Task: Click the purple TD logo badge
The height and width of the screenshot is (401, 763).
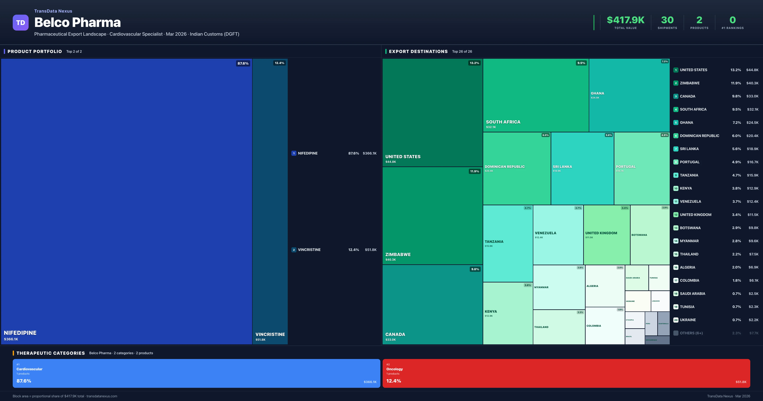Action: pyautogui.click(x=21, y=23)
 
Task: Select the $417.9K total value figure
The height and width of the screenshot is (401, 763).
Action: pyautogui.click(x=625, y=20)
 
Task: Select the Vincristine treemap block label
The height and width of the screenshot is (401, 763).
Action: pyautogui.click(x=270, y=334)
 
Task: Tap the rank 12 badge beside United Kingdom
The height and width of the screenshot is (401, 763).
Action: pyautogui.click(x=676, y=215)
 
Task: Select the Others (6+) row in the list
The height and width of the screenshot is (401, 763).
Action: pyautogui.click(x=691, y=333)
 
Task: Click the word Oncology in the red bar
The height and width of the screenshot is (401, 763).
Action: pyautogui.click(x=394, y=369)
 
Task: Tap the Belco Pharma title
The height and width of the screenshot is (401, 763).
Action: pyautogui.click(x=78, y=23)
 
